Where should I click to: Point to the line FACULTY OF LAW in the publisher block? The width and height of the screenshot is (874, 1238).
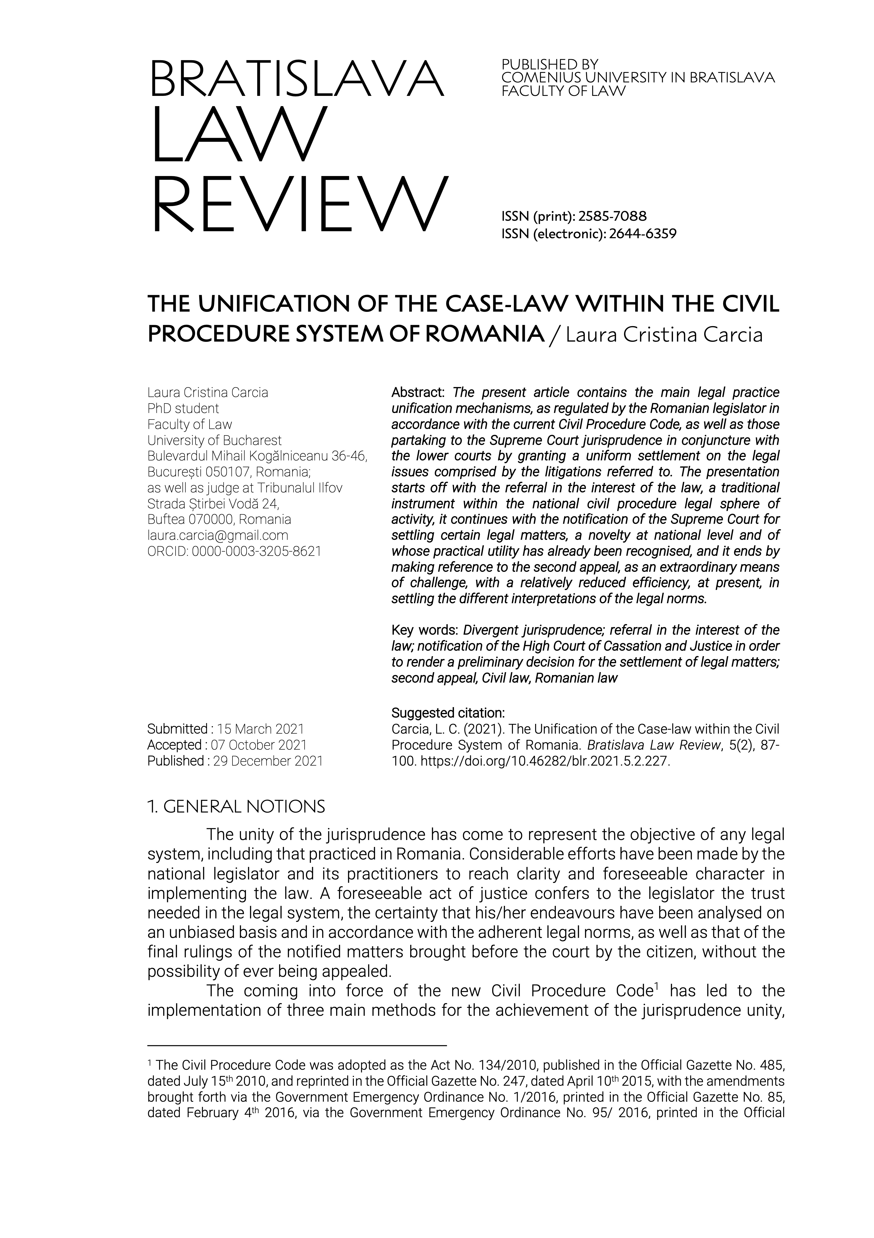coord(563,91)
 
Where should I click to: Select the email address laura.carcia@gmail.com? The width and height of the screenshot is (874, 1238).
coord(218,535)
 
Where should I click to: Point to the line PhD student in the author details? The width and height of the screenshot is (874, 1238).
coord(183,408)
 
